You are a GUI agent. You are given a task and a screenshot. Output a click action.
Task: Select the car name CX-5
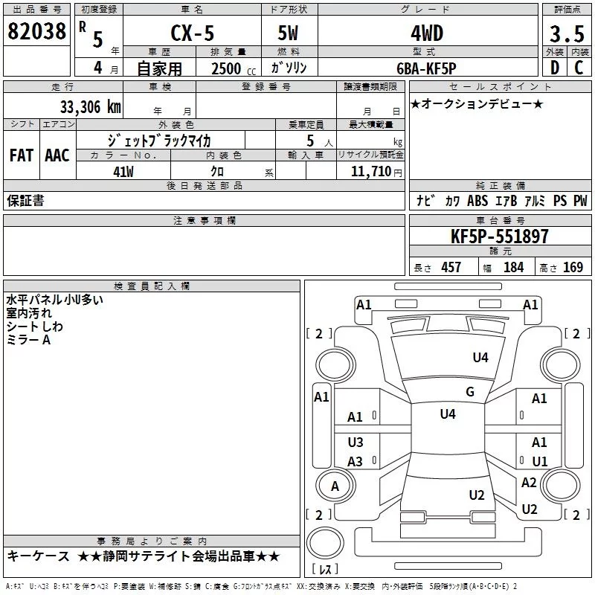click(x=190, y=34)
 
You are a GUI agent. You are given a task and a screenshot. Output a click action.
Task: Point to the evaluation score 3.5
click(x=565, y=34)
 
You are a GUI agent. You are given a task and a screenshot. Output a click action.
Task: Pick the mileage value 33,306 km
click(x=88, y=106)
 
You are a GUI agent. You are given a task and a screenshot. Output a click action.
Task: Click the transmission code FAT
click(x=22, y=155)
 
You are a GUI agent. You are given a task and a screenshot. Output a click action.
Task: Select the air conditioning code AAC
click(x=57, y=155)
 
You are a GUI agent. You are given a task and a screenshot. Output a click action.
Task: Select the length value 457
click(x=451, y=267)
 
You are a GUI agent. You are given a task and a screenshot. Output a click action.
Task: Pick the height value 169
click(x=573, y=267)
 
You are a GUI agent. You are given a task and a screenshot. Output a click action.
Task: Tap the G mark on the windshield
click(x=469, y=392)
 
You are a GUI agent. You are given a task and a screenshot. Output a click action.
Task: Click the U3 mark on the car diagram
click(x=356, y=442)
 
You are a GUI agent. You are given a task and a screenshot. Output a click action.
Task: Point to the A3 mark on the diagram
click(x=356, y=462)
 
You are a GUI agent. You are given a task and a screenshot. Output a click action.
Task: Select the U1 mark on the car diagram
click(x=539, y=461)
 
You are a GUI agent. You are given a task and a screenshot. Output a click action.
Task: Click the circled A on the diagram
click(x=335, y=486)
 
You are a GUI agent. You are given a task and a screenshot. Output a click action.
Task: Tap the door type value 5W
click(x=289, y=34)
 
